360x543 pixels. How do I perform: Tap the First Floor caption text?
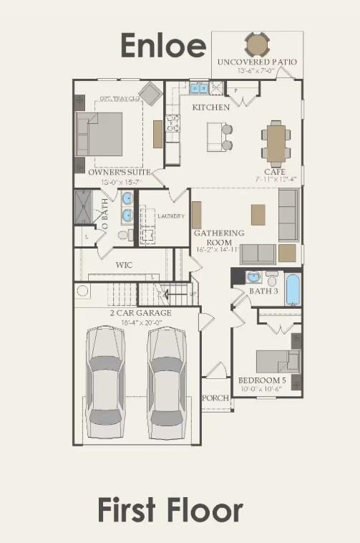click(170, 511)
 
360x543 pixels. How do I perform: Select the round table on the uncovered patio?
click(257, 45)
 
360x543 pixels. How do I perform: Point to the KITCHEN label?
click(210, 107)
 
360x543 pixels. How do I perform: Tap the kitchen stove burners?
click(172, 124)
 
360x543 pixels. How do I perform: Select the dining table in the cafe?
click(276, 142)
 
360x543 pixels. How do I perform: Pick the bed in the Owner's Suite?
click(103, 134)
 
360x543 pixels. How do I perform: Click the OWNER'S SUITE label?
click(119, 173)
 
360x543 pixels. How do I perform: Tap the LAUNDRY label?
click(171, 216)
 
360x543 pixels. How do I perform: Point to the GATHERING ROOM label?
click(219, 237)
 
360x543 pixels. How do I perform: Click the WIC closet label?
click(124, 265)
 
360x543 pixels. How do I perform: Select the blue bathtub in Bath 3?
click(293, 289)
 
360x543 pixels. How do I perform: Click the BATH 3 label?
click(264, 291)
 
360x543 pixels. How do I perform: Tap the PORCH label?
click(215, 398)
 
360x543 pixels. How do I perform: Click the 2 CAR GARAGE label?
click(140, 313)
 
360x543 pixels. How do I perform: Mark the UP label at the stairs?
click(192, 294)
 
